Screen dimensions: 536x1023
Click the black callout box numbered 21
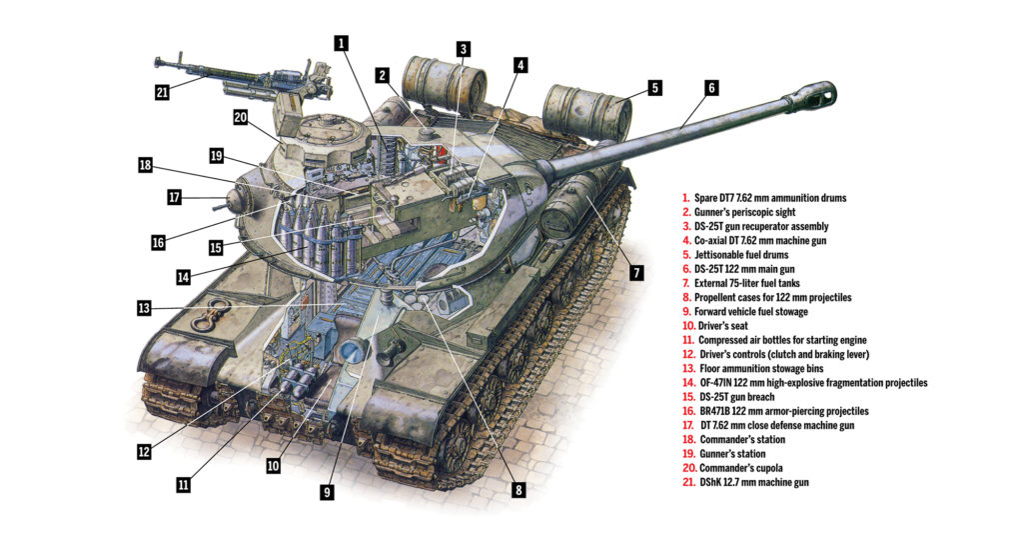(x=163, y=92)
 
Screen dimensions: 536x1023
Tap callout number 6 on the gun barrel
(x=710, y=88)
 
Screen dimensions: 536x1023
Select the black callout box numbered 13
(x=145, y=307)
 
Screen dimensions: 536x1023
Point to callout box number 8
(x=517, y=490)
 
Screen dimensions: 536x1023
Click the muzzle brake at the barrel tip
(x=817, y=98)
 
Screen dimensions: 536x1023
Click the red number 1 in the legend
(x=686, y=199)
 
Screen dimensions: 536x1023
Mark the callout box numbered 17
(x=174, y=198)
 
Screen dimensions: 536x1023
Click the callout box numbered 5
(x=653, y=88)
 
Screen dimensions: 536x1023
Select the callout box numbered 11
(x=184, y=484)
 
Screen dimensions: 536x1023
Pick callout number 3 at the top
(x=463, y=49)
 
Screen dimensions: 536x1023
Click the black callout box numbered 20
(x=240, y=118)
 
